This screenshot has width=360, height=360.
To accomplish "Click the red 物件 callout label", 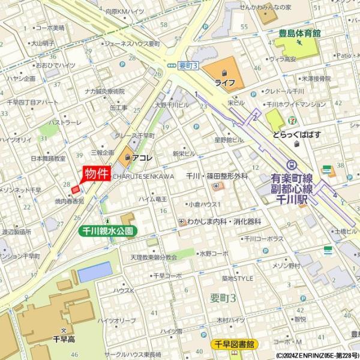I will point(97,174).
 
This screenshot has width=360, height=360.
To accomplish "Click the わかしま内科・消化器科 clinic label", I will point(224,221).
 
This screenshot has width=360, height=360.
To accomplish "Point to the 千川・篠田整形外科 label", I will point(217,176).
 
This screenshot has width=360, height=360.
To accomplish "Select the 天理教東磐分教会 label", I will point(154,257).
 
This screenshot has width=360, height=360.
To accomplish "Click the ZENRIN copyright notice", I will point(316,355).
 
